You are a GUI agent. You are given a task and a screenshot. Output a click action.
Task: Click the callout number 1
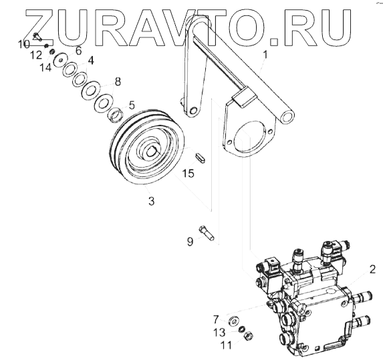click(x=265, y=54)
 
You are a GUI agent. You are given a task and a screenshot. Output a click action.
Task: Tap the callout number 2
click(x=372, y=270)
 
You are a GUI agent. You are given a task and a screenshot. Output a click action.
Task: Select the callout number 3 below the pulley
click(x=152, y=201)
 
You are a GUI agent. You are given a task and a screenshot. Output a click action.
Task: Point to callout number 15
click(x=188, y=173)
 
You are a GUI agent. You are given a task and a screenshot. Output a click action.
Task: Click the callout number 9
click(x=190, y=241)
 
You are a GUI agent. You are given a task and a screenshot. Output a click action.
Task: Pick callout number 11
click(x=227, y=345)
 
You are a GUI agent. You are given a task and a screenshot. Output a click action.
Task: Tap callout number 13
click(x=219, y=332)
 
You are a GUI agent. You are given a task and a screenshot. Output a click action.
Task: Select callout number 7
click(x=216, y=319)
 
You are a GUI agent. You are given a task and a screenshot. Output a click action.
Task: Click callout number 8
click(x=118, y=81)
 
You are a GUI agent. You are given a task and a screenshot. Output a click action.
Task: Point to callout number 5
click(x=132, y=105)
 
